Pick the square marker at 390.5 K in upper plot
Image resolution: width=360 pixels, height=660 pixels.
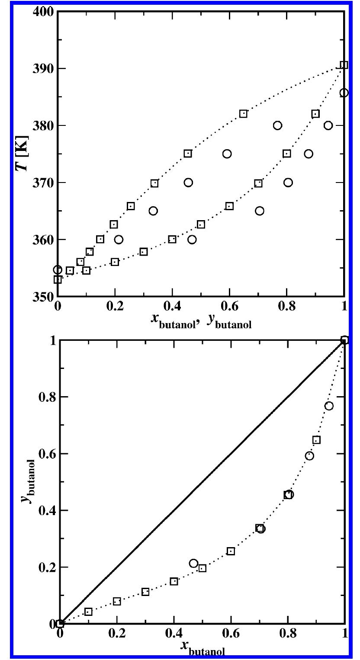[344, 65]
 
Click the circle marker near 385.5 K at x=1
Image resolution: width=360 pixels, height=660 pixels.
[344, 93]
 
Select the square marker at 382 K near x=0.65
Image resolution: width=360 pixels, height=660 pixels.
[243, 113]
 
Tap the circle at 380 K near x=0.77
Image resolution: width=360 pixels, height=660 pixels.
[277, 125]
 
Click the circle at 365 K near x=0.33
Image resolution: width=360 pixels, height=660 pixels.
[153, 211]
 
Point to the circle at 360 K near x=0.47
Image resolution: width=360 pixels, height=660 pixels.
[192, 239]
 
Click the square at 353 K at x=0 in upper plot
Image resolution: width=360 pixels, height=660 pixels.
[58, 279]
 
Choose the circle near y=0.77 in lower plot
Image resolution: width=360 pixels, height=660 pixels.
[329, 406]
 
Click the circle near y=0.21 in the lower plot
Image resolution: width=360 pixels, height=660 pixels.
[193, 564]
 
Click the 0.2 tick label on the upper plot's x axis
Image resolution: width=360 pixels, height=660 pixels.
[115, 308]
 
